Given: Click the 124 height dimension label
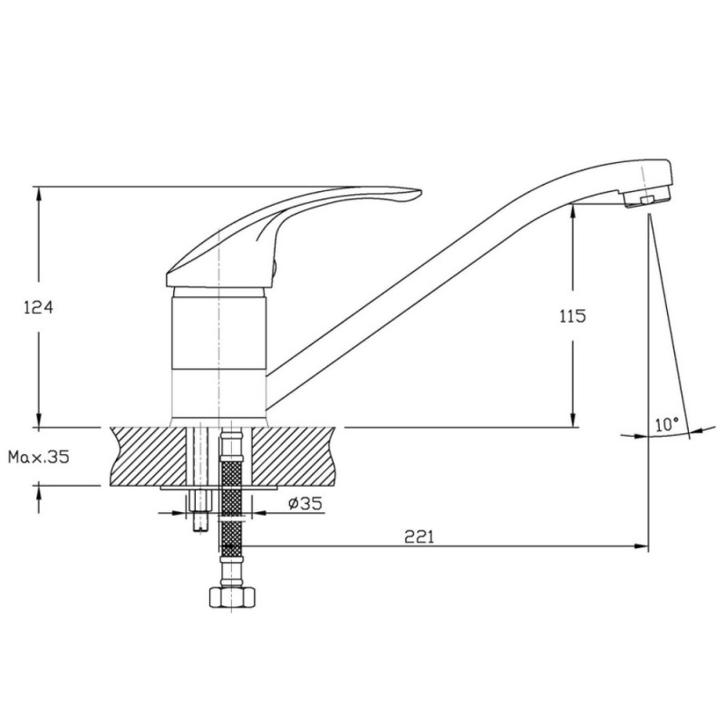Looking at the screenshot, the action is click(38, 307).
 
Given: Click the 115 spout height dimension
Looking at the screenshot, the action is click(573, 316).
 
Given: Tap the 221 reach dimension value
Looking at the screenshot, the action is click(420, 536).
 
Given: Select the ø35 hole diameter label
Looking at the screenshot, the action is click(305, 503).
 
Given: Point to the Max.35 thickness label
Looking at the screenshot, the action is click(39, 457).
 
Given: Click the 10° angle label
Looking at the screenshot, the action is click(667, 424).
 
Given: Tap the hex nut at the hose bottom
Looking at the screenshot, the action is click(233, 597).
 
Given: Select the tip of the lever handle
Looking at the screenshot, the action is click(420, 191).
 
